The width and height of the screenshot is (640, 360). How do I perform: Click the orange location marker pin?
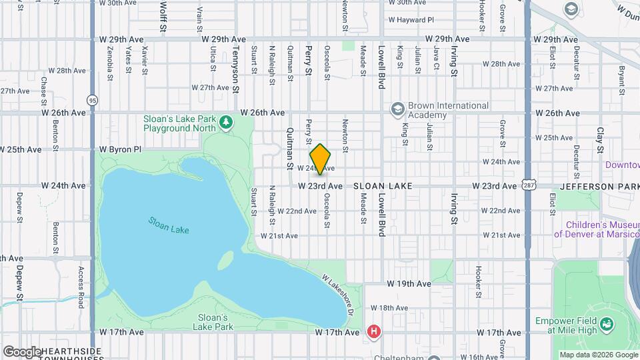click(321, 159)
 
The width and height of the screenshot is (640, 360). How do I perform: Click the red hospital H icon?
click(374, 331)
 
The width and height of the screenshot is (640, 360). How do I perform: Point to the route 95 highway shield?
click(92, 100)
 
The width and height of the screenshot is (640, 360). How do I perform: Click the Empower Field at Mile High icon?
click(607, 325)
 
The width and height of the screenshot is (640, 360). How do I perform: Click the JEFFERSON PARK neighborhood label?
click(599, 186)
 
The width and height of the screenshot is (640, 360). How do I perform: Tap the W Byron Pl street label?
click(121, 150)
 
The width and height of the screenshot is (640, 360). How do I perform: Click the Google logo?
click(21, 351)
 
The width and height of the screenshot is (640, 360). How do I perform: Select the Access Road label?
click(81, 287)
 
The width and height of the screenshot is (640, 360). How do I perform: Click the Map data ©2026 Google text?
click(598, 355)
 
